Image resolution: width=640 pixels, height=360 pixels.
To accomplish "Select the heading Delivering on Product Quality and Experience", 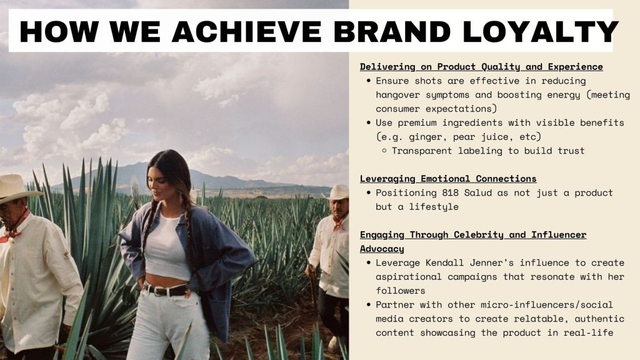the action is tap(481, 66).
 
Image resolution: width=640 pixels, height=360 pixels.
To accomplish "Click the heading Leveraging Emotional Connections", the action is tap(448, 178).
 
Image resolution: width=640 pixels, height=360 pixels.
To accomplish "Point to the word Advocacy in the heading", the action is tap(382, 249).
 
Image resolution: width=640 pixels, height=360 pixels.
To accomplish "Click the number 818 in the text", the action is tap(450, 192).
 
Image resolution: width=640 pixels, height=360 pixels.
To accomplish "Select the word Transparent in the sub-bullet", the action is tap(422, 151).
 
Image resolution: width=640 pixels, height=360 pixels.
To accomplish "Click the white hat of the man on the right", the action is tap(337, 192).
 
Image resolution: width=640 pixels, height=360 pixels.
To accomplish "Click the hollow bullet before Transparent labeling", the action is tap(384, 151).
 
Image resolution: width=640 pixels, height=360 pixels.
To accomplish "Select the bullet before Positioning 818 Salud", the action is tap(369, 192).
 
